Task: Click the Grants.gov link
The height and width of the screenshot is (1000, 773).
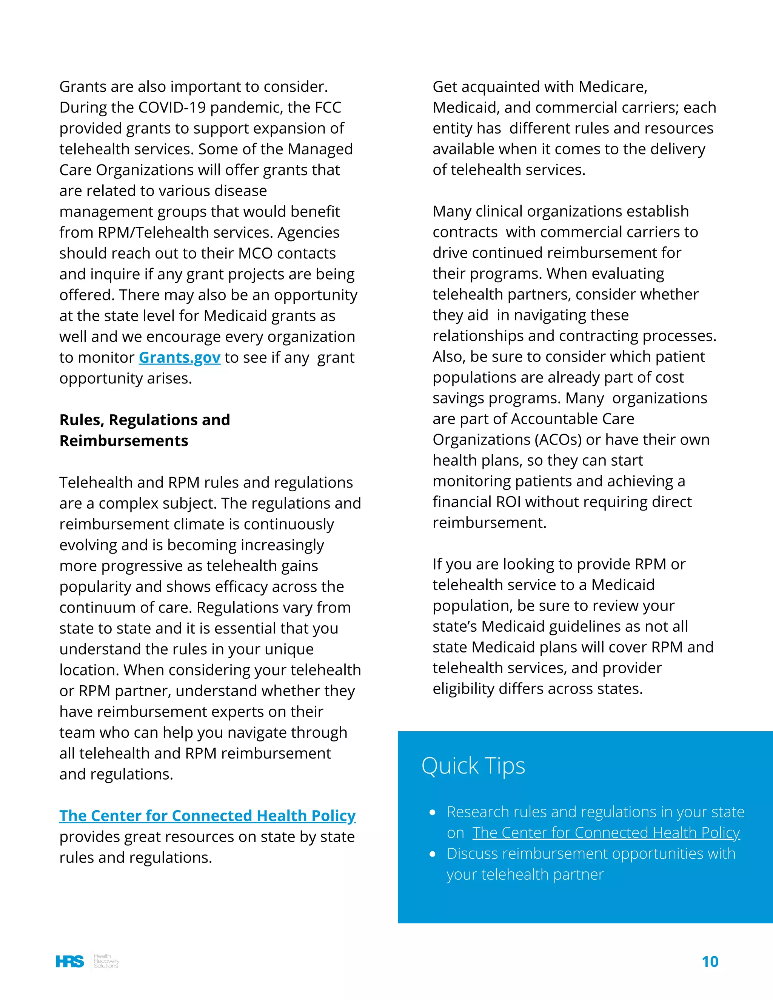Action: coord(180,358)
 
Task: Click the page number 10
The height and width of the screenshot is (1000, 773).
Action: coord(710,962)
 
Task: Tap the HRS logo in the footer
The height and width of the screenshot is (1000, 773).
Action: coord(69,961)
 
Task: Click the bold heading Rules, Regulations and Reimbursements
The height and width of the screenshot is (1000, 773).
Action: coord(144,430)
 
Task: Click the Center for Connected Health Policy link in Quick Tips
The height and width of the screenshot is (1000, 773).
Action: coord(606,833)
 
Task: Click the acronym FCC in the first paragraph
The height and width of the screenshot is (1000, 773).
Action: coord(327,108)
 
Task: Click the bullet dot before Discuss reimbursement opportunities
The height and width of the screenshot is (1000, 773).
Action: coord(432,854)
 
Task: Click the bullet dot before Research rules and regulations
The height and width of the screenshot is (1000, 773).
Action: coord(432,813)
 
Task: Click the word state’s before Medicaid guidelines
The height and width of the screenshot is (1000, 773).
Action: coord(455,627)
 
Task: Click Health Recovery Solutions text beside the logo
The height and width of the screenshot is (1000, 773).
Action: coord(106,961)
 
